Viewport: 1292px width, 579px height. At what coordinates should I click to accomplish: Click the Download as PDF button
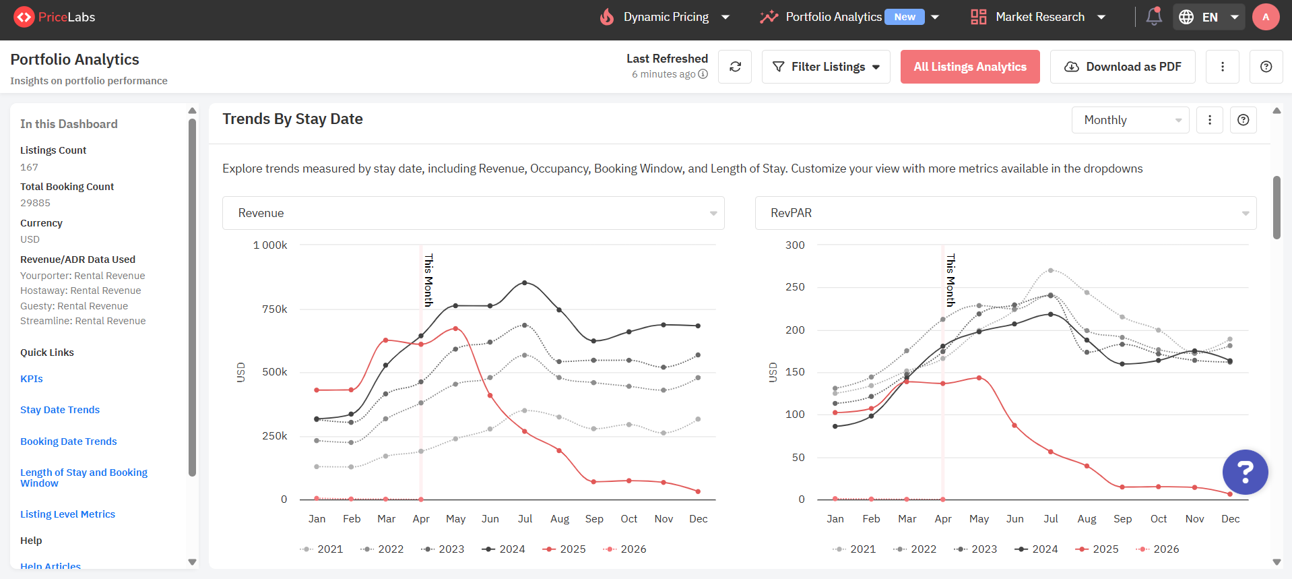[x=1122, y=67]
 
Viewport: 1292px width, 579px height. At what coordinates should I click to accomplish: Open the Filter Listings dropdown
[x=826, y=67]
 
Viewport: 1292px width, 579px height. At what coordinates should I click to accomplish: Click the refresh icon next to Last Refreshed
[x=735, y=67]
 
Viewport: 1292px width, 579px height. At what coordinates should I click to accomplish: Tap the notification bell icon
[x=1154, y=16]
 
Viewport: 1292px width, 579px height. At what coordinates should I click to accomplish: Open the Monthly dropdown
[x=1130, y=120]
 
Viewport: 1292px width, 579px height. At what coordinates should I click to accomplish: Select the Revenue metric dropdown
[x=474, y=213]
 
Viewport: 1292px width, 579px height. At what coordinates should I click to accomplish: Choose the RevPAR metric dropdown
[x=1006, y=213]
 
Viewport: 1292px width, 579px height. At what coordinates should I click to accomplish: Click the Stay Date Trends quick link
[x=60, y=410]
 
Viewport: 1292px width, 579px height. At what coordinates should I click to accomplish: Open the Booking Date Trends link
[x=69, y=441]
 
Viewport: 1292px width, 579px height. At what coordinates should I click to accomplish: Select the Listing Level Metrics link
[x=67, y=514]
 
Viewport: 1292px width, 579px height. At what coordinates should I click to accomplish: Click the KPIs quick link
[x=32, y=379]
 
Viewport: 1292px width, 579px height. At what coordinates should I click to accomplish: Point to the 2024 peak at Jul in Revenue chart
[x=525, y=282]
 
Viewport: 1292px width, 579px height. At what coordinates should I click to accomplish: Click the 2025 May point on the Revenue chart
[x=456, y=328]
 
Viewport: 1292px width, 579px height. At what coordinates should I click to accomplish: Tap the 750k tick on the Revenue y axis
[x=274, y=309]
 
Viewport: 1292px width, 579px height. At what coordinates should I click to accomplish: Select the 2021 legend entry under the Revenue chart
[x=322, y=549]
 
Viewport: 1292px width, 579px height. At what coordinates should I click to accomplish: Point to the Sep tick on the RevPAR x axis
[x=1122, y=519]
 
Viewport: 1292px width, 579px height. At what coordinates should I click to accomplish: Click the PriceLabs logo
[x=55, y=17]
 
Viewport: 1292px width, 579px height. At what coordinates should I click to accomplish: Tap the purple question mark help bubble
[x=1245, y=472]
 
